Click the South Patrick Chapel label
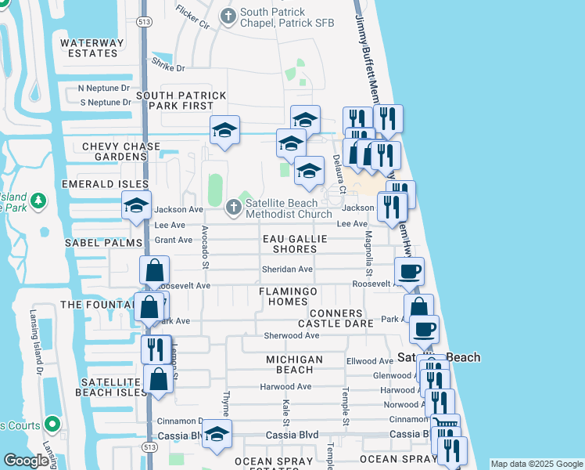point(287,17)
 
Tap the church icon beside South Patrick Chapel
point(228,16)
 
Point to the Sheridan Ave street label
point(287,269)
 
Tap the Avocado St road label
point(205,247)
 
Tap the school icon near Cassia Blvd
point(217,433)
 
